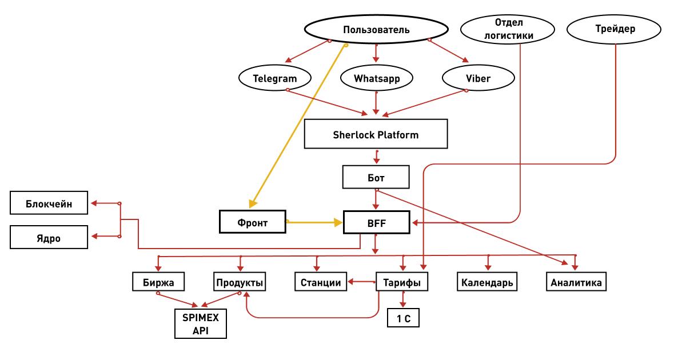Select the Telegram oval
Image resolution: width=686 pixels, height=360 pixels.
pyautogui.click(x=274, y=79)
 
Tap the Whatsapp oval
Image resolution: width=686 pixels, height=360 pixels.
pyautogui.click(x=376, y=79)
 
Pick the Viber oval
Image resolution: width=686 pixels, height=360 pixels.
pyautogui.click(x=478, y=79)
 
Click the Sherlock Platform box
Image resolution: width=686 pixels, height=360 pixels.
pyautogui.click(x=376, y=135)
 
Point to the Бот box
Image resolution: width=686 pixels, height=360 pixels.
pyautogui.click(x=376, y=177)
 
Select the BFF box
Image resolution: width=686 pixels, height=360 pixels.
pyautogui.click(x=377, y=222)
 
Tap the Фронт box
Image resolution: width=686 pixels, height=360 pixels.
pyautogui.click(x=253, y=222)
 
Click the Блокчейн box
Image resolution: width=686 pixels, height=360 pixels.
pyautogui.click(x=49, y=203)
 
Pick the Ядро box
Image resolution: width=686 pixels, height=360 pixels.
pyautogui.click(x=49, y=237)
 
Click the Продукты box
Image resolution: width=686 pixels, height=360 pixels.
pyautogui.click(x=240, y=282)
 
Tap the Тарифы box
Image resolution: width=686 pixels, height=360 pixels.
pyautogui.click(x=402, y=282)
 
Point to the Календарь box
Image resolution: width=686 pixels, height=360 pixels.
pyautogui.click(x=487, y=282)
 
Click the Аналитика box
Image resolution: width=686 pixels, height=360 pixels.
pyautogui.click(x=576, y=282)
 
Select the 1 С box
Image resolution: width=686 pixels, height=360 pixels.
pyautogui.click(x=403, y=318)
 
